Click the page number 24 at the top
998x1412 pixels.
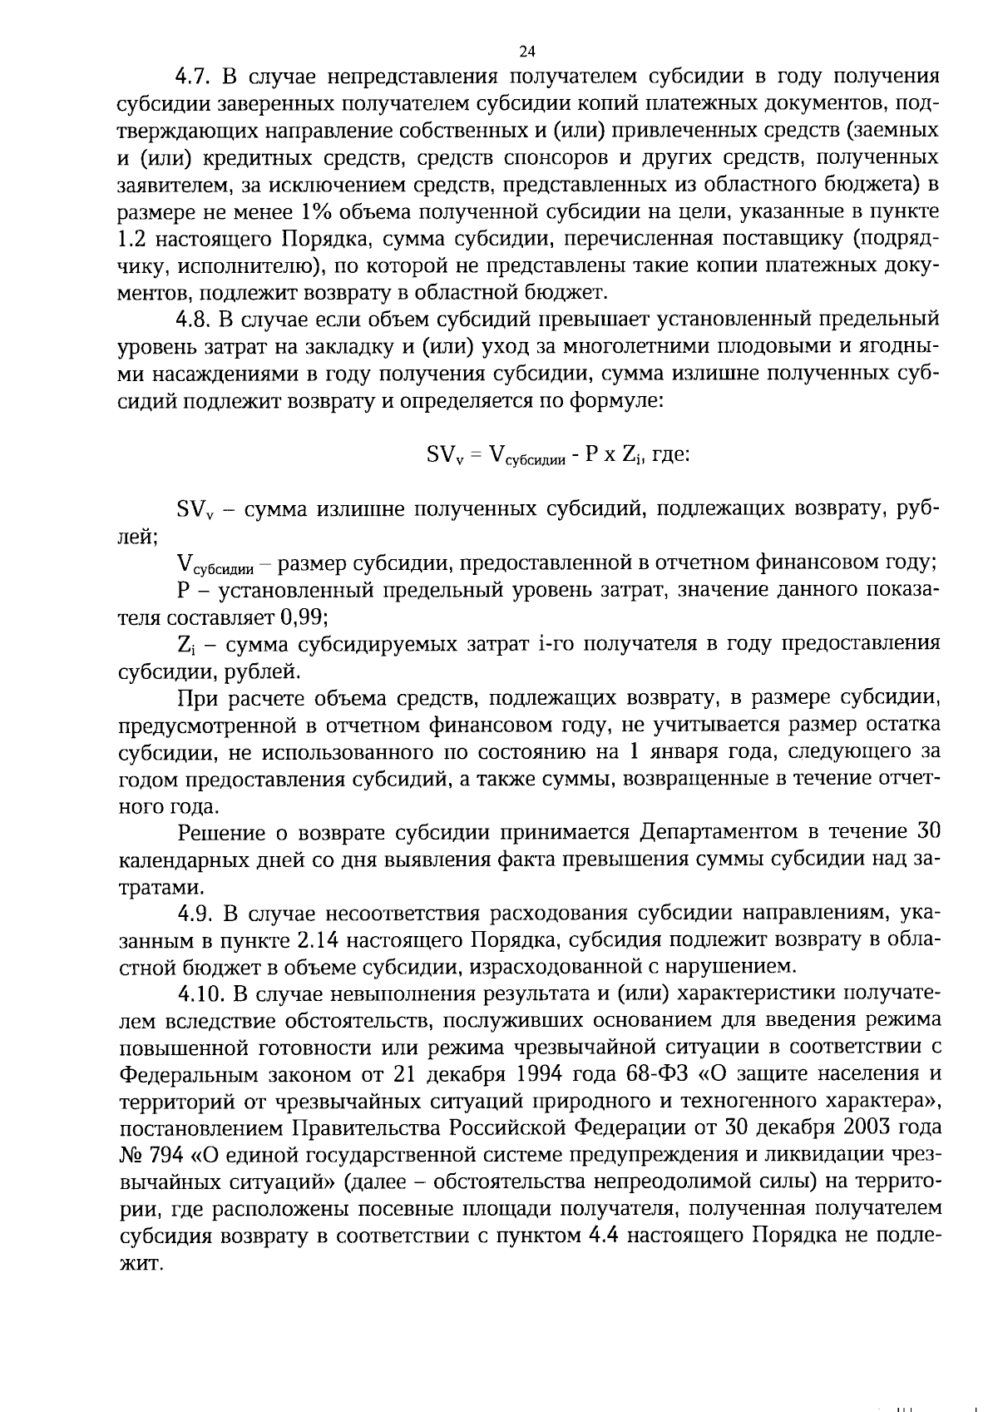click(527, 51)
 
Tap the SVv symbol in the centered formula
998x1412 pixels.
click(445, 455)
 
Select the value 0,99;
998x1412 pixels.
click(304, 617)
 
